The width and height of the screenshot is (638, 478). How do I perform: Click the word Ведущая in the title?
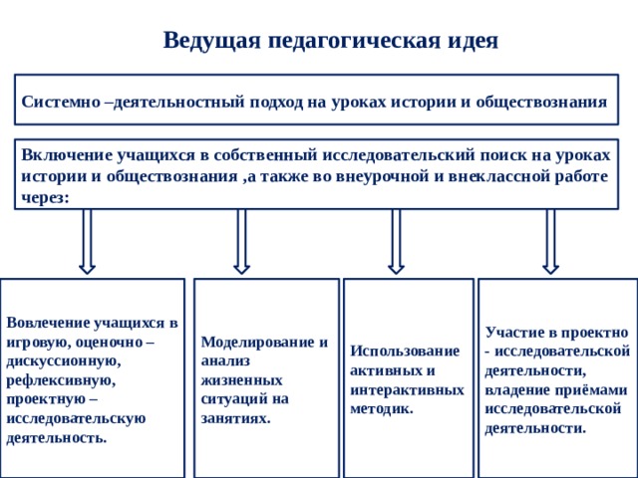coord(211,41)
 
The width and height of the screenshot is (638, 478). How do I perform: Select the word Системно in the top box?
coord(61,102)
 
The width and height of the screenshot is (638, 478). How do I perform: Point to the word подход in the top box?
coord(276,103)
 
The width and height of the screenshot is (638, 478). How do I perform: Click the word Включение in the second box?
coord(67,155)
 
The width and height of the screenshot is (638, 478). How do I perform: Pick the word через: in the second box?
coord(45,198)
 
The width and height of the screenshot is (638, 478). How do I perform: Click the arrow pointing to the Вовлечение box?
coord(87,242)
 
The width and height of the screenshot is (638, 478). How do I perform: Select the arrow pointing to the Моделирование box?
coord(241,242)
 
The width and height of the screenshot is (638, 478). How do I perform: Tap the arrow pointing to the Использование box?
coord(396,242)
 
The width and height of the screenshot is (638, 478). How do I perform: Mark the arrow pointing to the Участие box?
coord(550,242)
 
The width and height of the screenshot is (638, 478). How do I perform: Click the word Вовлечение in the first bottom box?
coord(49,323)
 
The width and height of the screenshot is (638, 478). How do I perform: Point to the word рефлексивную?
coord(61,381)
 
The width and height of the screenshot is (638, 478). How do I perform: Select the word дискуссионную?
coord(64,361)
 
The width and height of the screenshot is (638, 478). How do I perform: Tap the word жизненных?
coord(241,380)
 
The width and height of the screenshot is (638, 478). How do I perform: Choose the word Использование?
coord(405,352)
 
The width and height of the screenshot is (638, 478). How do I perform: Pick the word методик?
coord(382,409)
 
